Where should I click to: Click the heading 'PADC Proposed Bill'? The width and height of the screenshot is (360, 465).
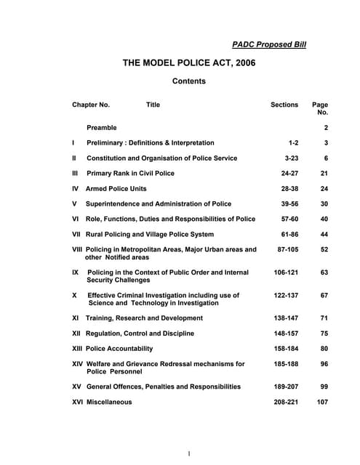coord(269,44)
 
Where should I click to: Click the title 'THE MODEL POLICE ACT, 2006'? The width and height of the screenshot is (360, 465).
coord(189,63)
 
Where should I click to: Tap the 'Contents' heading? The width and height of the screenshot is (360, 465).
coord(189,81)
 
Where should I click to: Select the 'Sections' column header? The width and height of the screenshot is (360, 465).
coord(284,105)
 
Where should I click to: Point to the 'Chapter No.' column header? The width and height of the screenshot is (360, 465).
coord(91,105)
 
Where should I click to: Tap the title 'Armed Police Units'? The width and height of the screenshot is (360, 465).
coord(117,189)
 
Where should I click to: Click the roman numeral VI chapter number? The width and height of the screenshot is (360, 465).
coord(76,219)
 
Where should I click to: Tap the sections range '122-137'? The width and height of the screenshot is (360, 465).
coord(283,296)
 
